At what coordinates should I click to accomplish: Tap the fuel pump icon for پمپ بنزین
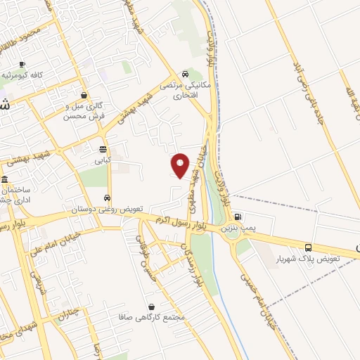tap(239, 217)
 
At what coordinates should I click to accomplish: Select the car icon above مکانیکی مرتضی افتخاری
tap(184, 73)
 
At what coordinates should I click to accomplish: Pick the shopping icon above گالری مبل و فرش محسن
tap(84, 95)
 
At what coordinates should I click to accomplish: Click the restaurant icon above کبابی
tap(103, 149)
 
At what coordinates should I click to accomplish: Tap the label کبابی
tap(104, 160)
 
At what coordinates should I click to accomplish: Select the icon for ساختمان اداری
tap(5, 179)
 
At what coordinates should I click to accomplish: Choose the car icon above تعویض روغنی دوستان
tap(107, 198)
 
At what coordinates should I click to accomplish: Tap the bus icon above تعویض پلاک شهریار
tap(308, 247)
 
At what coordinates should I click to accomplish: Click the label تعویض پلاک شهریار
tap(314, 259)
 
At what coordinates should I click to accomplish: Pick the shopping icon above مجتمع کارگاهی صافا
tap(152, 307)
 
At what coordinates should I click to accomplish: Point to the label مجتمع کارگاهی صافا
tap(153, 318)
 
